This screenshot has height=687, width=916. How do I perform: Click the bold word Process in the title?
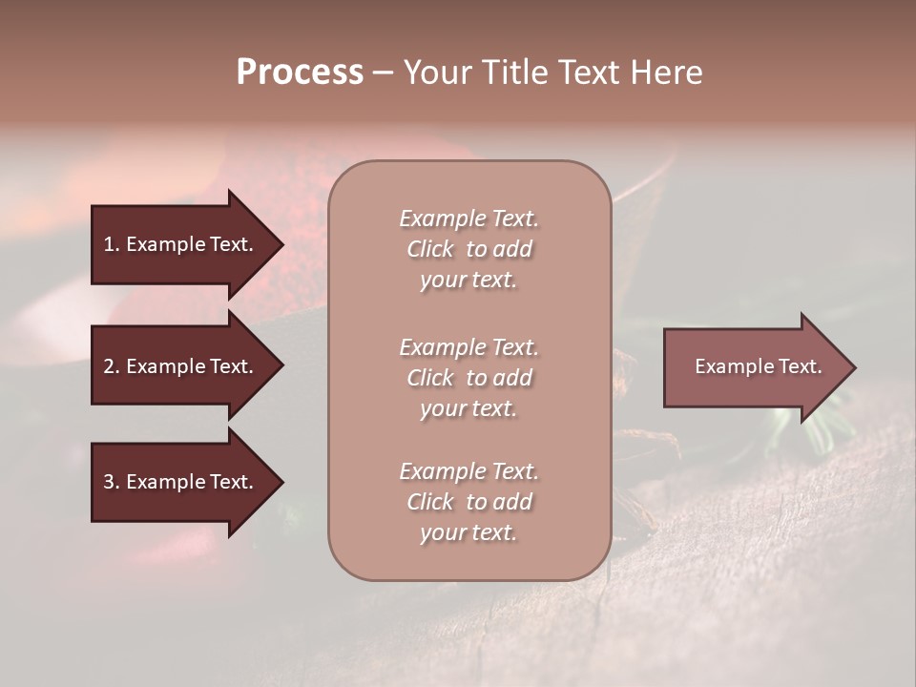click(x=300, y=73)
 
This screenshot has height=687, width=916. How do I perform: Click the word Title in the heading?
click(x=517, y=73)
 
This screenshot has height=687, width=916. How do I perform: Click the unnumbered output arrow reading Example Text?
click(x=758, y=366)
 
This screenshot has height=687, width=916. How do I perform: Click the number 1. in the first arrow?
click(x=112, y=244)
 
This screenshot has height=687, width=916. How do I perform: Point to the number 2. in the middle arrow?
click(x=112, y=366)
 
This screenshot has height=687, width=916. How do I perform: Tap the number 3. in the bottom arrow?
click(x=112, y=482)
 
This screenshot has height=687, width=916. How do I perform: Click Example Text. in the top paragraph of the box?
click(x=468, y=219)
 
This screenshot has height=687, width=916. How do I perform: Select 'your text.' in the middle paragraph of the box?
click(x=468, y=408)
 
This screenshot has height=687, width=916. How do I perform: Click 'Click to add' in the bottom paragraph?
click(x=468, y=502)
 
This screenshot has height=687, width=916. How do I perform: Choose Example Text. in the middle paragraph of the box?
click(x=468, y=347)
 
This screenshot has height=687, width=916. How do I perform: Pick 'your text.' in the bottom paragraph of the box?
click(x=468, y=533)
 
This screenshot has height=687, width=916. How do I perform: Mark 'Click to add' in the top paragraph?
click(x=468, y=249)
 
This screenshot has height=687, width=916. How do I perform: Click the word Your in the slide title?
click(x=438, y=73)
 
